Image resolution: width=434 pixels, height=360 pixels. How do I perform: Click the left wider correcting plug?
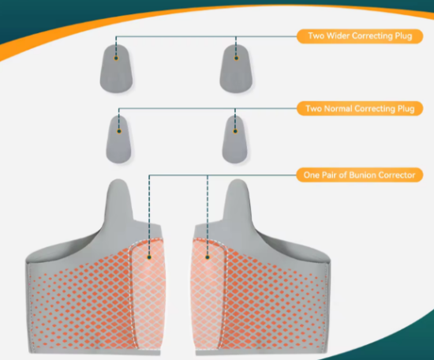point(116,69)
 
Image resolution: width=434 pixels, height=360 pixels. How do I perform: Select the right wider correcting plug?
point(236,69)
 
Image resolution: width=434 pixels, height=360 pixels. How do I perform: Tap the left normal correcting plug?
point(118,139)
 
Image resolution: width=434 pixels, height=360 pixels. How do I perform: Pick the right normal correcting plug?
point(235,139)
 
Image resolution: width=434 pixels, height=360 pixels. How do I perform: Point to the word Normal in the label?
point(338,108)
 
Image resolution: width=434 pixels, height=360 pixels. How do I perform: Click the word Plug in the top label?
point(403,36)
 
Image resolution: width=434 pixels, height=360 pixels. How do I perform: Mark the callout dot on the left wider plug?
point(116,58)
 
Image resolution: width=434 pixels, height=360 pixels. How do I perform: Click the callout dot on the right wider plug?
point(236,58)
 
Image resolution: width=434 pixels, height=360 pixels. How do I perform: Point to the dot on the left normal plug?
point(119,131)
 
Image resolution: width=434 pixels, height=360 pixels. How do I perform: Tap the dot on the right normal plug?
point(235,131)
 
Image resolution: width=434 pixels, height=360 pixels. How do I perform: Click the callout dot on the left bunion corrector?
point(149,257)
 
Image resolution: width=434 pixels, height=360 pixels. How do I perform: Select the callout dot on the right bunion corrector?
point(208,257)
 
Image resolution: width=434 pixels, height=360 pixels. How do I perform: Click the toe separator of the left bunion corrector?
point(118,202)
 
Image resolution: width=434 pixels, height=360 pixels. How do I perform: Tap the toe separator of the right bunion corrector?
point(238,202)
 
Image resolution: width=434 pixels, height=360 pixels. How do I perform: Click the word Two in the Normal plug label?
point(313,108)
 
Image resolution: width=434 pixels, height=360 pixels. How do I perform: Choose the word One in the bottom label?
point(310,175)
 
